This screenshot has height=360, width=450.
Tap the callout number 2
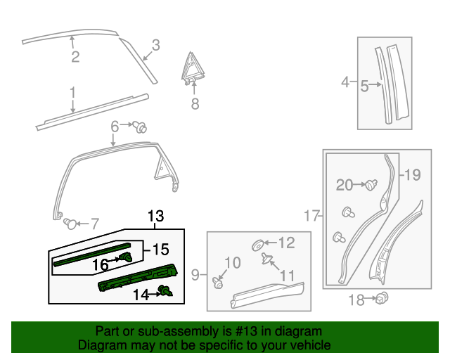[75, 57]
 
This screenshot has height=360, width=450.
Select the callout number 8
[195, 105]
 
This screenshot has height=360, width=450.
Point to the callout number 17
[311, 217]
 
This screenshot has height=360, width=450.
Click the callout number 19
[412, 174]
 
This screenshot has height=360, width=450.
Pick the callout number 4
[345, 83]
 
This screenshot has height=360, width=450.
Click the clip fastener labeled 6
[141, 127]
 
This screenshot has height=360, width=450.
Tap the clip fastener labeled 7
[70, 224]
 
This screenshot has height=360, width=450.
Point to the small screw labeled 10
[217, 283]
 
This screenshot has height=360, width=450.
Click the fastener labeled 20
[371, 184]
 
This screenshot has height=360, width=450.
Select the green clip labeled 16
[129, 258]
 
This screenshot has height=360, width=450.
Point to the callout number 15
[161, 249]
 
